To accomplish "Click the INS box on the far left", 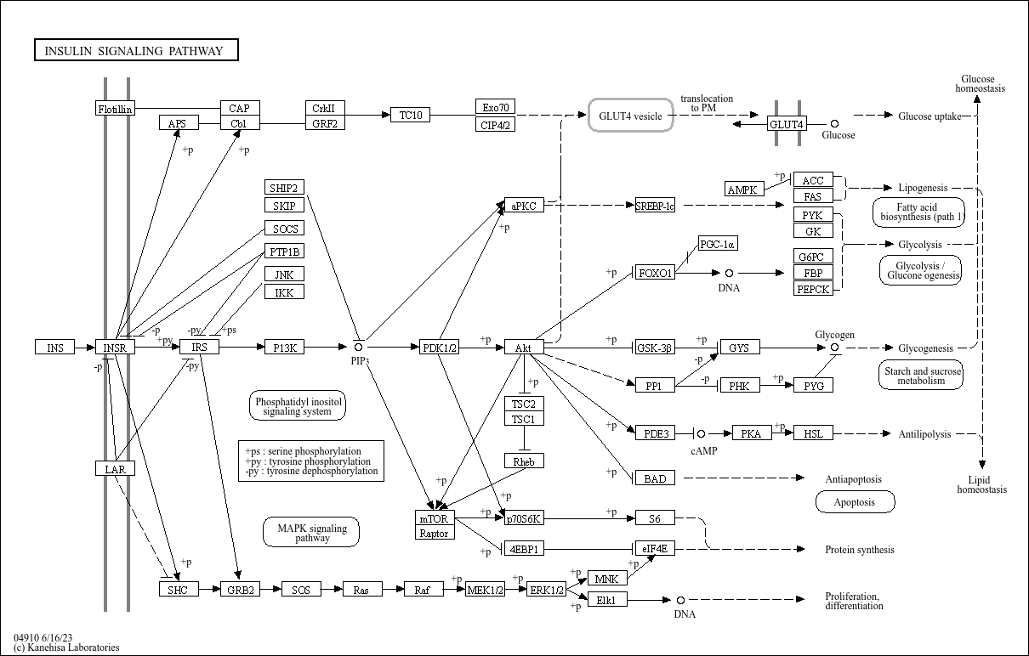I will [x=54, y=348].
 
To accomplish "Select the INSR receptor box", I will [x=114, y=348].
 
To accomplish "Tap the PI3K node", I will [x=283, y=347].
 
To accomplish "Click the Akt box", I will [x=524, y=348].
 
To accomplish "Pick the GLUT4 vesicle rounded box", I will [x=630, y=116].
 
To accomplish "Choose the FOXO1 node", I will [x=655, y=273].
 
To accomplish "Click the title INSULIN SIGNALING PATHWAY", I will [x=136, y=51].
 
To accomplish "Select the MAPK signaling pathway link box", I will [x=312, y=533].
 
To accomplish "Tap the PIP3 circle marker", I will [x=359, y=347].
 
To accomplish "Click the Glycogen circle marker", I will [x=834, y=348].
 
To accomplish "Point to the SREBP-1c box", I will [x=655, y=206].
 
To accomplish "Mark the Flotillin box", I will [x=115, y=109].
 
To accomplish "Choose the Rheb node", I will [x=524, y=461].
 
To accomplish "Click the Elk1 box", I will [x=607, y=600].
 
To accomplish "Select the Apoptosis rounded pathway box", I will [x=855, y=502].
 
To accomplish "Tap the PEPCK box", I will [x=813, y=289].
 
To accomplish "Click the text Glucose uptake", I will [x=930, y=116].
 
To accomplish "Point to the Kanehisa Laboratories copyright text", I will [x=66, y=648].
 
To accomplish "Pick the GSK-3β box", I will [x=655, y=348].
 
